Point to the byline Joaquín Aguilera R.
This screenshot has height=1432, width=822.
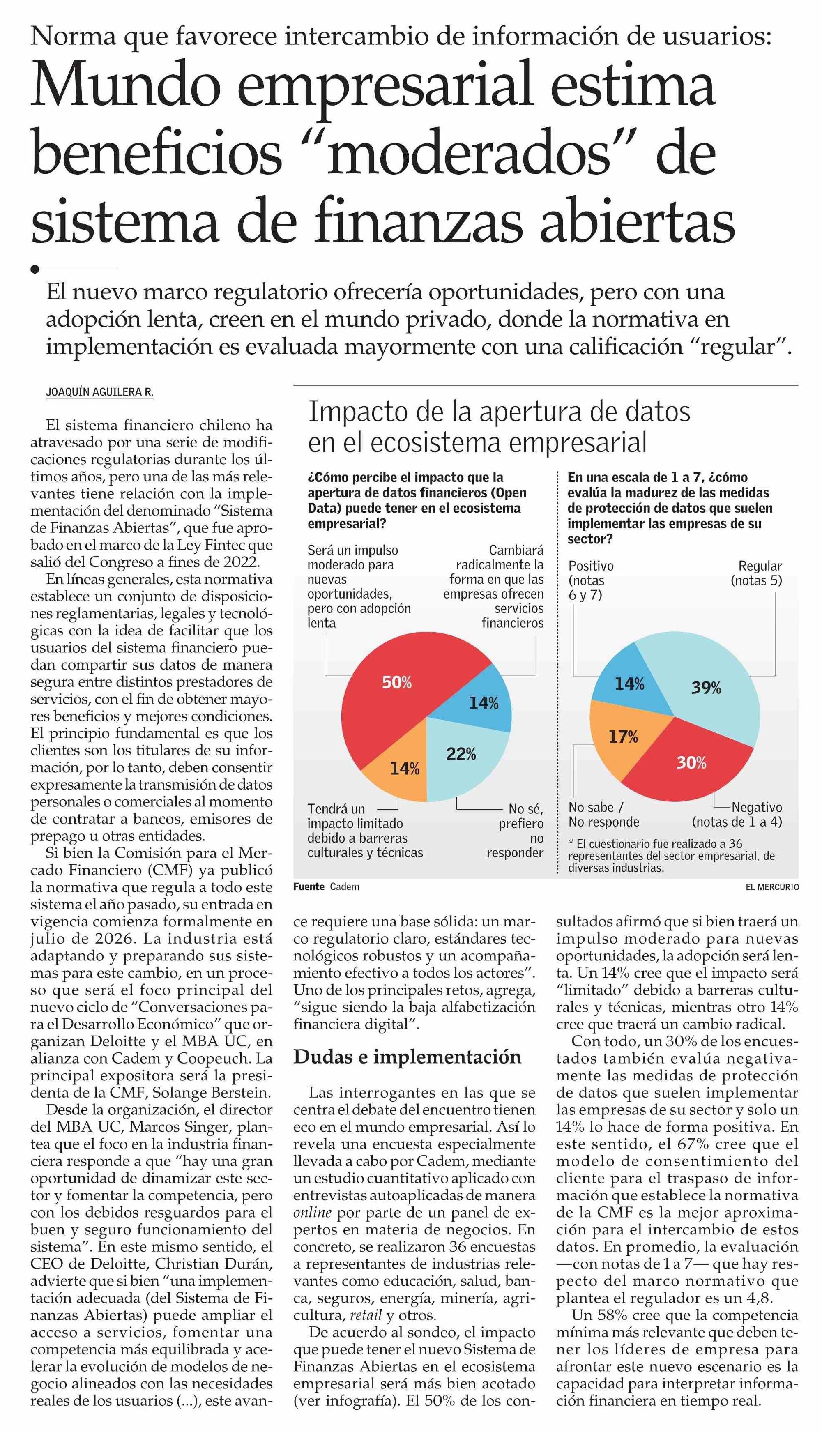point(99,392)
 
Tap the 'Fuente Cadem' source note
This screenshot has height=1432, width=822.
point(326,887)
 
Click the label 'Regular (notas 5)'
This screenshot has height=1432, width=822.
point(757,573)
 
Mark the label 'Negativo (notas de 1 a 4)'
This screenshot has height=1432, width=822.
point(737,815)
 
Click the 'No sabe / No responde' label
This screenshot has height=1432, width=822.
point(603,815)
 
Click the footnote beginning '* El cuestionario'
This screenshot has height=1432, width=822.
point(672,855)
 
